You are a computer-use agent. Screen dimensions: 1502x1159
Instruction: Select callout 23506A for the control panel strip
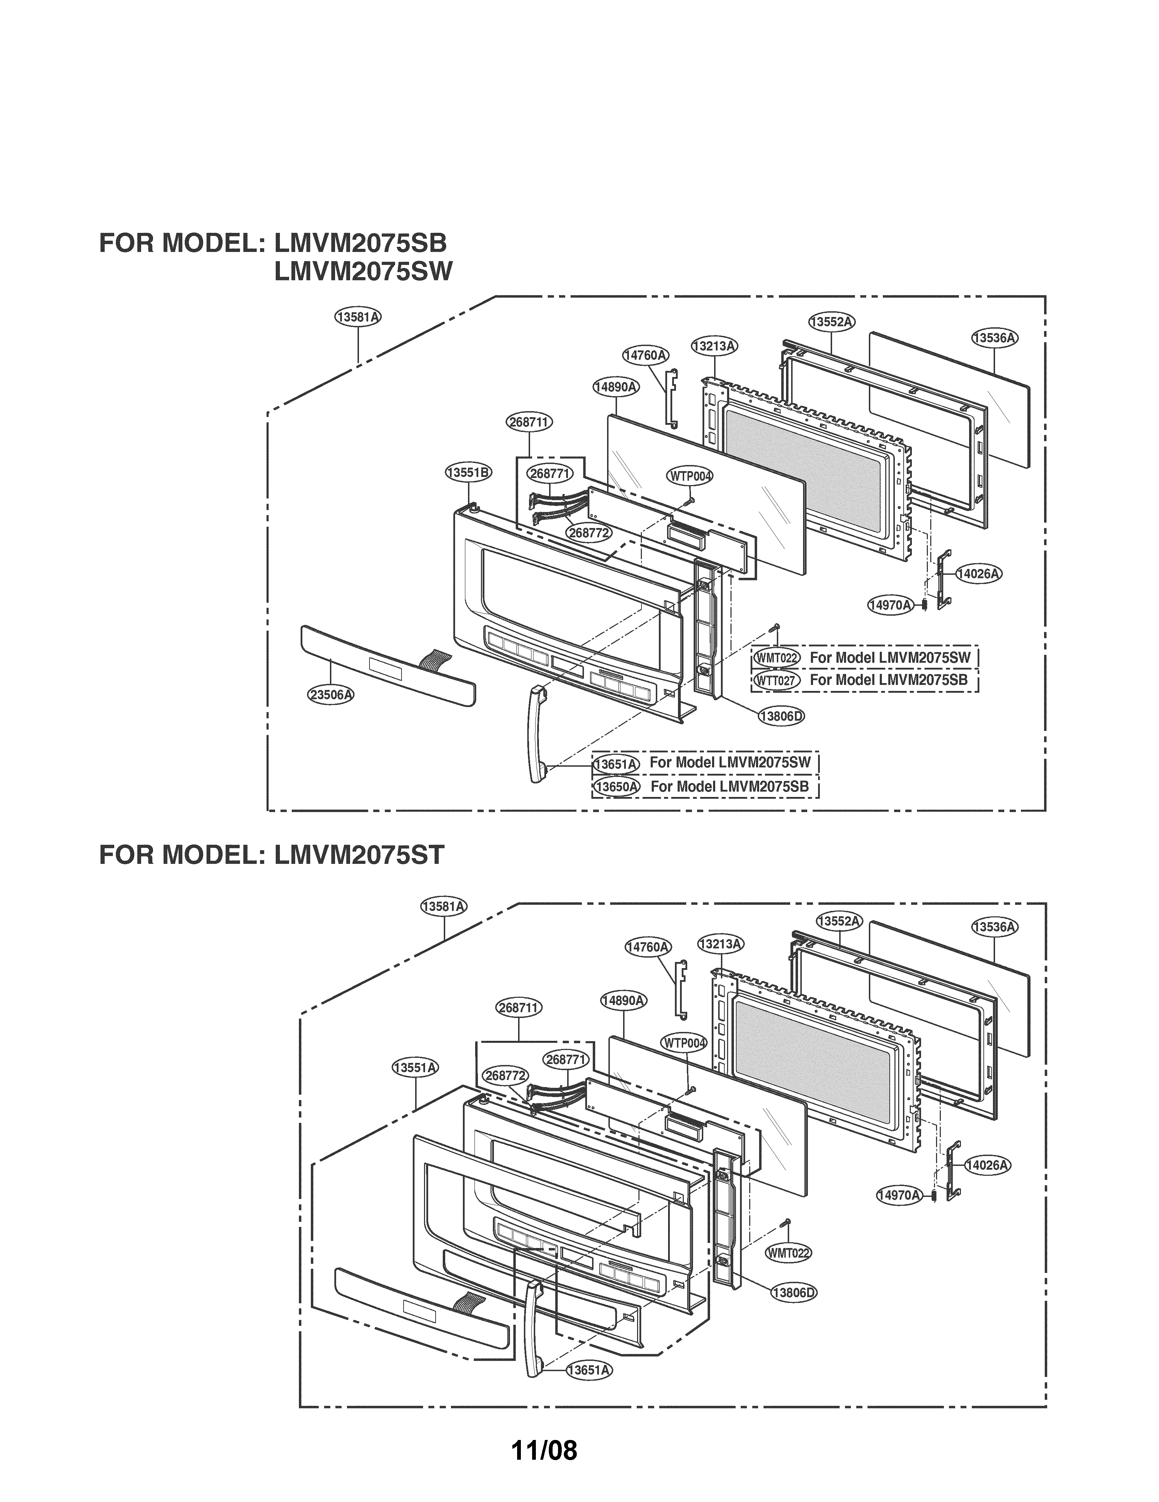tap(331, 695)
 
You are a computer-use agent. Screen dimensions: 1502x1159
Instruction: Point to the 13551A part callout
tap(416, 1067)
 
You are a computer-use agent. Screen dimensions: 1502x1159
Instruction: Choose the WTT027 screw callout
tap(775, 680)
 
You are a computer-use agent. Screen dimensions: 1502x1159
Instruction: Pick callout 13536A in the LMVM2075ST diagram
tap(995, 926)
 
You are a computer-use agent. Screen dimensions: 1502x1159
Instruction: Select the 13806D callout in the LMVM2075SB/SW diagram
tap(781, 716)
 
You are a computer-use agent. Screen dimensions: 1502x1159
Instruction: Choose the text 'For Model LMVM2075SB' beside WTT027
tap(888, 680)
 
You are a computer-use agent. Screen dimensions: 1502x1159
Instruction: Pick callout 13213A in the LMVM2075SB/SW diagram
tap(714, 346)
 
